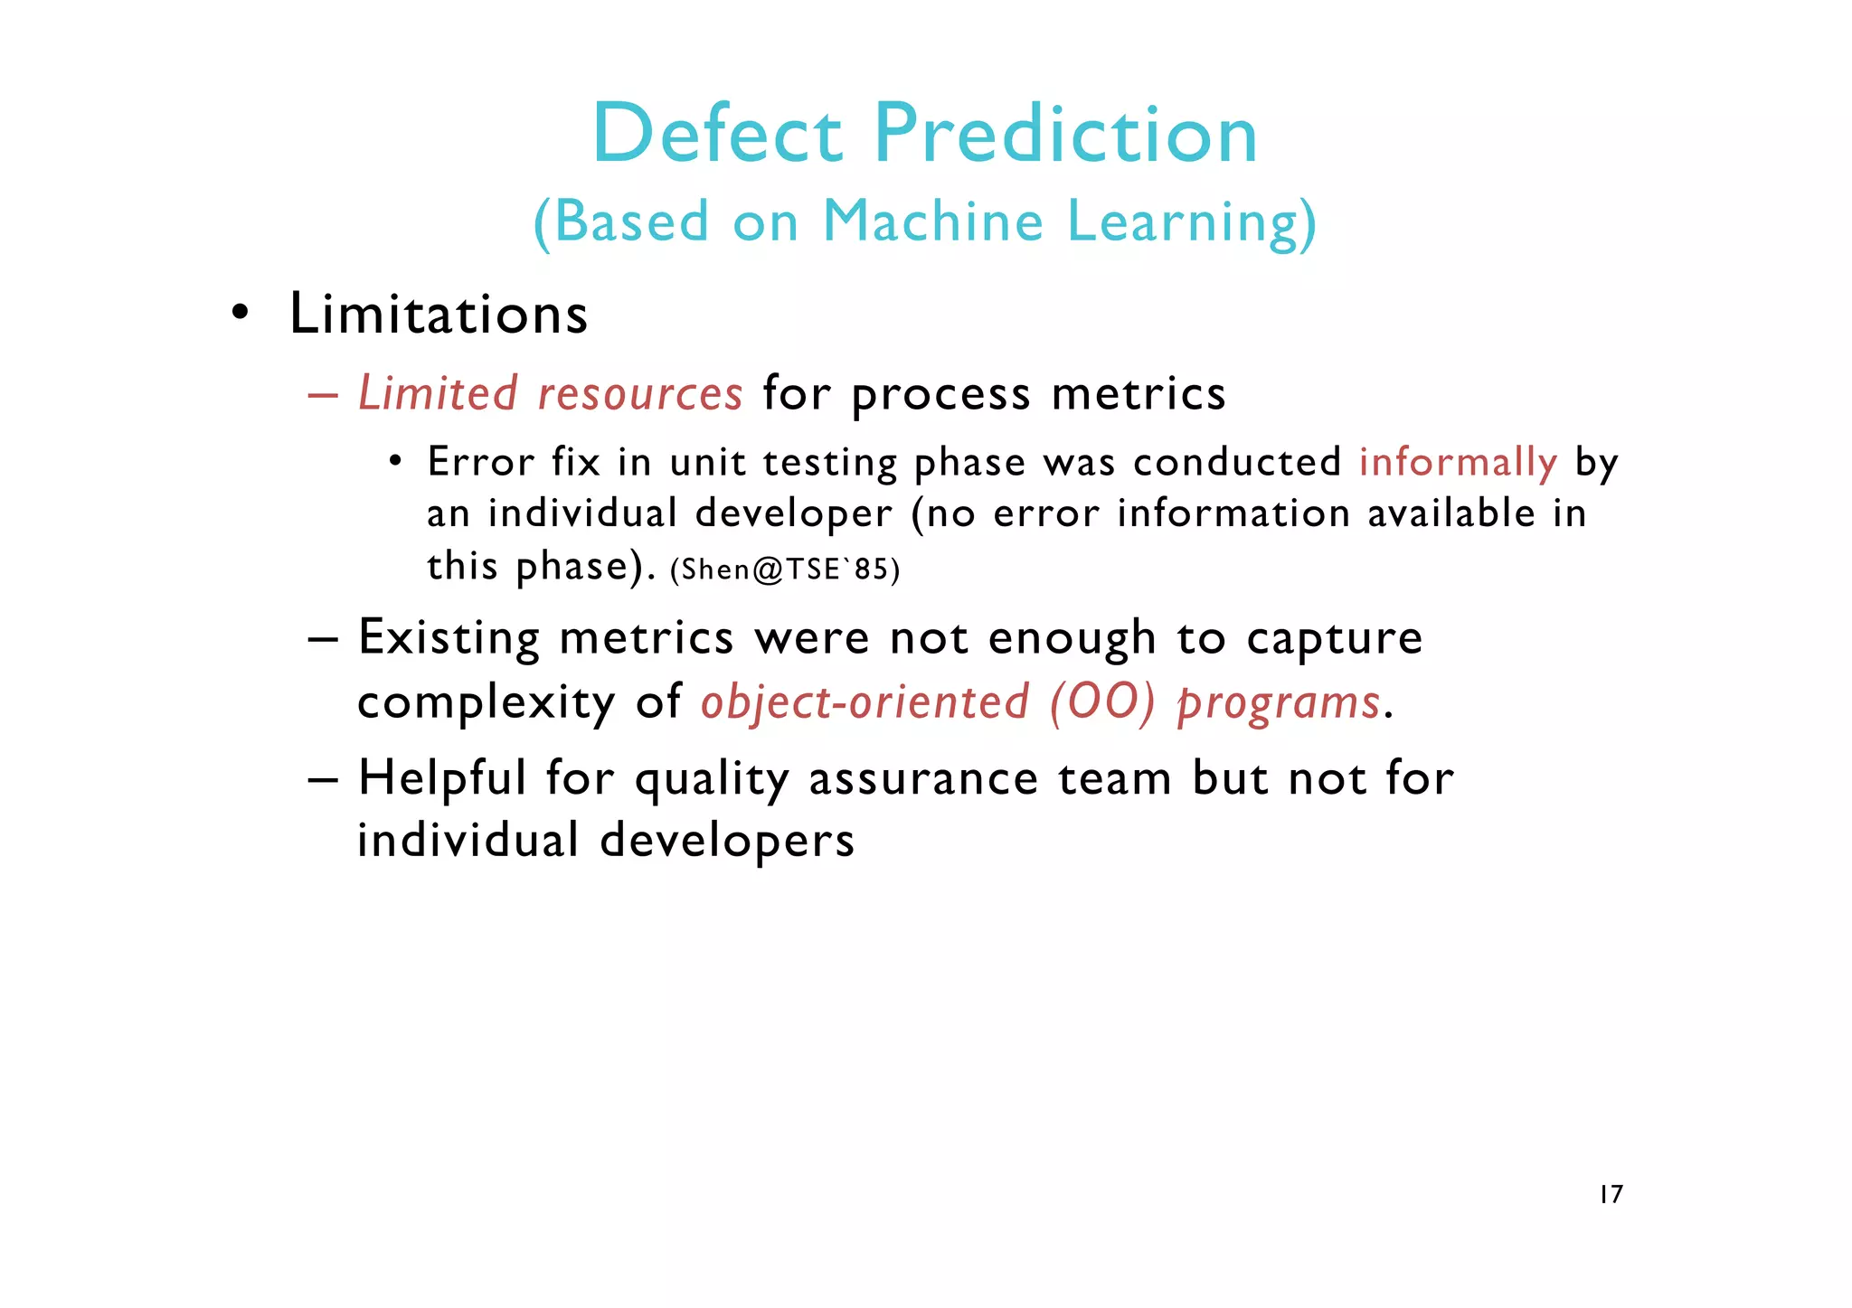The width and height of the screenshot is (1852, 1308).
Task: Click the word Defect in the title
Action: [x=717, y=134]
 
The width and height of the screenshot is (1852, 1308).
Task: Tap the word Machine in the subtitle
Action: [x=933, y=221]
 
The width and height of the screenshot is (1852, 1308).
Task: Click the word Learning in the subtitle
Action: [x=1191, y=222]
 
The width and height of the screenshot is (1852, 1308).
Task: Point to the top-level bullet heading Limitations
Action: [x=439, y=315]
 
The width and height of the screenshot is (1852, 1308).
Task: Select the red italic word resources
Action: [x=640, y=394]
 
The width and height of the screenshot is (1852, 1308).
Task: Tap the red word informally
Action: [x=1458, y=463]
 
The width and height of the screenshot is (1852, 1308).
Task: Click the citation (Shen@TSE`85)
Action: [x=785, y=569]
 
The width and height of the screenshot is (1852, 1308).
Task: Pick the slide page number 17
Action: [x=1611, y=1195]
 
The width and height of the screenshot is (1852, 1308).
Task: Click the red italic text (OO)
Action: [x=1102, y=702]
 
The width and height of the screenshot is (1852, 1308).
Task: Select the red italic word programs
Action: [x=1279, y=703]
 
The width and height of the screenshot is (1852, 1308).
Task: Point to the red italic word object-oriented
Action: [x=865, y=702]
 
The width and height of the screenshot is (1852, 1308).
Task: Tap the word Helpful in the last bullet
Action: [x=441, y=779]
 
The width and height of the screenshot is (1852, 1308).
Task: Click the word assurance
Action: [x=923, y=779]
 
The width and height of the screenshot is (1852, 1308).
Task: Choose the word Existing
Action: [x=449, y=638]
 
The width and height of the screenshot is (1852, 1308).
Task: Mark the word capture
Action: [x=1335, y=638]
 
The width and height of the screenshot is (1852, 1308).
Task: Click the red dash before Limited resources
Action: [x=323, y=395]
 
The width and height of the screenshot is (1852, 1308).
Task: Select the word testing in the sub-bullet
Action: [x=830, y=463]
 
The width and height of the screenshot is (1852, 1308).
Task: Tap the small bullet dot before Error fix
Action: [x=395, y=462]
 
